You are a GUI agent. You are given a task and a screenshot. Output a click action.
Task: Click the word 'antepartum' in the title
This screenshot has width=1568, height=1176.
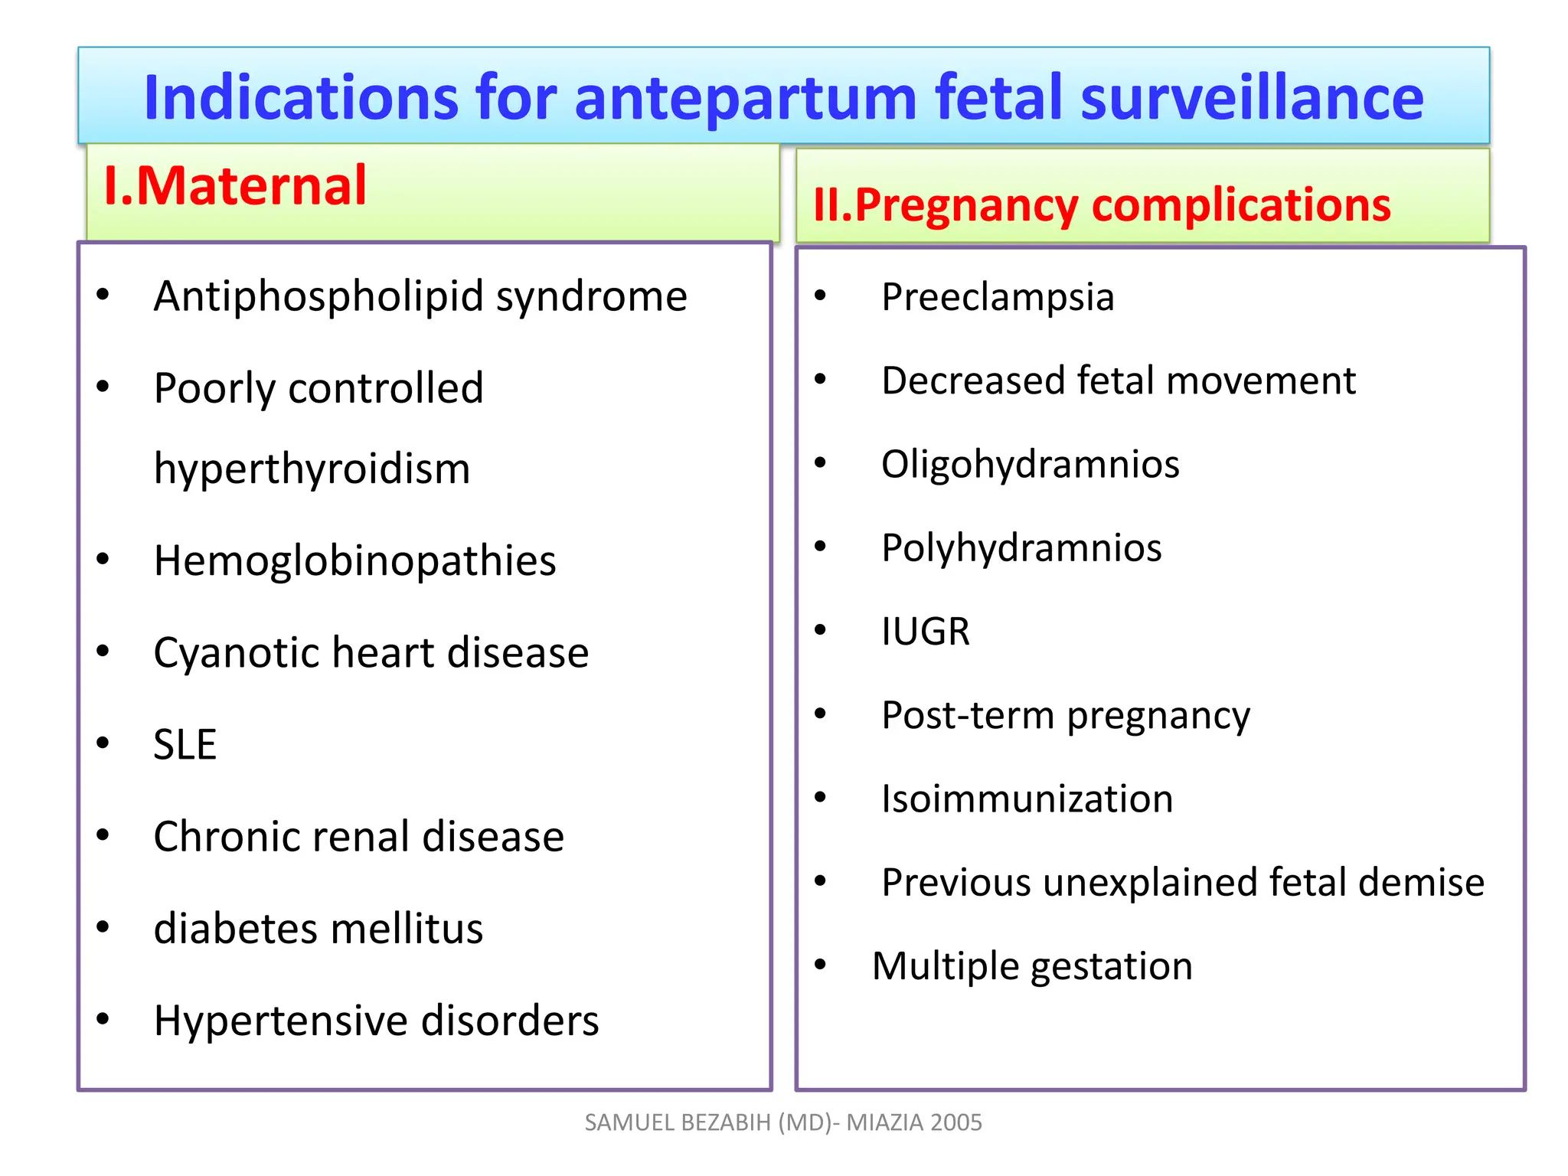tap(744, 98)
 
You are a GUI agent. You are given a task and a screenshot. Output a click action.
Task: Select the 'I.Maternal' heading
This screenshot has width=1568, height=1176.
tap(235, 186)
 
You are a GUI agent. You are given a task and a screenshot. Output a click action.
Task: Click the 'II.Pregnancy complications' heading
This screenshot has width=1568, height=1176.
tap(1101, 205)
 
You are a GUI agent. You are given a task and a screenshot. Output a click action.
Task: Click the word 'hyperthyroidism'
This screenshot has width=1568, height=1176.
tap(312, 469)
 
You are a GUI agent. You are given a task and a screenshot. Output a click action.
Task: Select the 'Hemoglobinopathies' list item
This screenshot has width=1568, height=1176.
tap(354, 561)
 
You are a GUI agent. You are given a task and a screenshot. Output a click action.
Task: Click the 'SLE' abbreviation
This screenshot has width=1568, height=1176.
tap(185, 744)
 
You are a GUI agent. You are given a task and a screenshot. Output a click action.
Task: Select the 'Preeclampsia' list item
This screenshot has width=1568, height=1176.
tap(997, 297)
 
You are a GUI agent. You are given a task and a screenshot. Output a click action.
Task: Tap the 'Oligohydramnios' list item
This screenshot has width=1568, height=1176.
tap(1030, 465)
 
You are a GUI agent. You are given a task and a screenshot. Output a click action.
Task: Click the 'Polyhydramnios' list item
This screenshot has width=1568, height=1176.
tap(1021, 548)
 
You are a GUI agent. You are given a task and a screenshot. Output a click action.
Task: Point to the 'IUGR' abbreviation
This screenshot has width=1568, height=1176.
tap(925, 632)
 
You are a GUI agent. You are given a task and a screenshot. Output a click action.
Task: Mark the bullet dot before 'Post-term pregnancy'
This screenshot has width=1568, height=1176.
tap(820, 714)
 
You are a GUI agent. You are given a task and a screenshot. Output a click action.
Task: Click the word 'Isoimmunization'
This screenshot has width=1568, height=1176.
tap(1027, 799)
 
